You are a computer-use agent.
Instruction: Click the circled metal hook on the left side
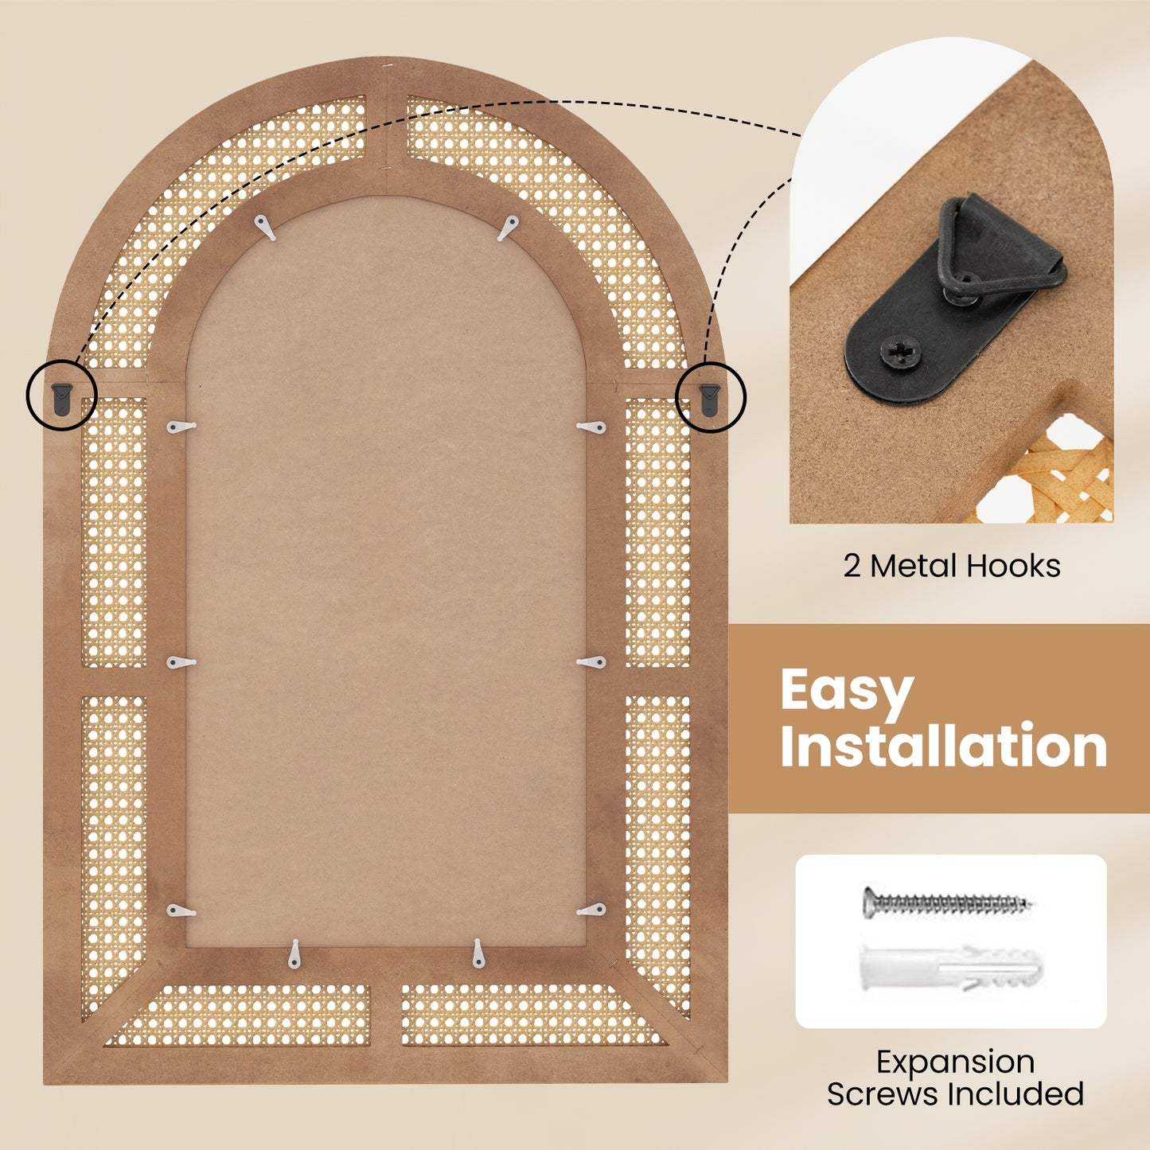(x=61, y=396)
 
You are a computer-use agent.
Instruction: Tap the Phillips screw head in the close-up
(x=899, y=350)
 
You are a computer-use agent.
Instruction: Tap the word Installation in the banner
(x=943, y=747)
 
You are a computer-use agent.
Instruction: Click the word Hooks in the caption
(x=1015, y=567)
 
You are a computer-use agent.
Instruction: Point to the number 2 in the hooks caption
(x=852, y=567)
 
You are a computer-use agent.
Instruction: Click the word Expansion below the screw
(x=955, y=1062)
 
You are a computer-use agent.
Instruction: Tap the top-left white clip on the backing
(x=266, y=228)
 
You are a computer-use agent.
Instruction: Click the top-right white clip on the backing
(x=508, y=228)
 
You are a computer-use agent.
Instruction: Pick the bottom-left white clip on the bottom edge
(x=294, y=953)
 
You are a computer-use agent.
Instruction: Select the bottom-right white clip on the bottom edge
(x=478, y=953)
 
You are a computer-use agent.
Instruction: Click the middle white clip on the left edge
(x=181, y=662)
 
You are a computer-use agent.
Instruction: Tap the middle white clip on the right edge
(x=592, y=662)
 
